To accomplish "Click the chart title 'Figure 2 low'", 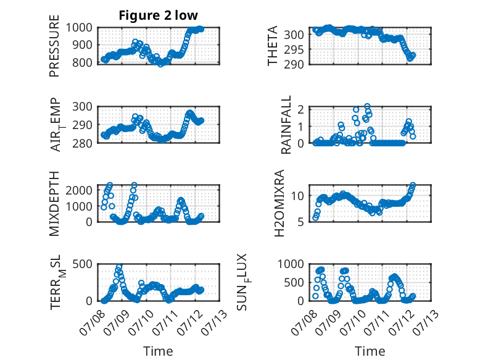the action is coord(159,15).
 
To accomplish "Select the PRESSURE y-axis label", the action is coord(54,46).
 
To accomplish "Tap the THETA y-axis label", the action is coord(272,46).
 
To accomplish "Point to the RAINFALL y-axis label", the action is coord(286,125).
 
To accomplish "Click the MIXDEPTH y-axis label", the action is coord(54,203).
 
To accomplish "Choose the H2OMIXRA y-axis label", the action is coord(279,203).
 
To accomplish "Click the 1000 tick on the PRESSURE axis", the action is coord(79,28).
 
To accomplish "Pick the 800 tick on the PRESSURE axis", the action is coord(82,63).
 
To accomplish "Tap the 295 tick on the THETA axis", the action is coord(294,49).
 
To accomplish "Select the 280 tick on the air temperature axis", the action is coord(82,143).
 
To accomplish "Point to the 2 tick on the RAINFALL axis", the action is coord(301,109).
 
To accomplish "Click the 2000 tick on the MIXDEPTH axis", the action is coord(79,190).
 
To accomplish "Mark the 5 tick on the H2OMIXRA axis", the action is coord(301,222).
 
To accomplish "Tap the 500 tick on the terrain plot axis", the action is coord(82,264).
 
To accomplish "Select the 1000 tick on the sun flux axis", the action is coord(291,264).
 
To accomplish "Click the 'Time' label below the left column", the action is coord(159,351).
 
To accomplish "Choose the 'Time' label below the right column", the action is coord(370,351).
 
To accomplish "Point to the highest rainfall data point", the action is coord(367,106).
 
